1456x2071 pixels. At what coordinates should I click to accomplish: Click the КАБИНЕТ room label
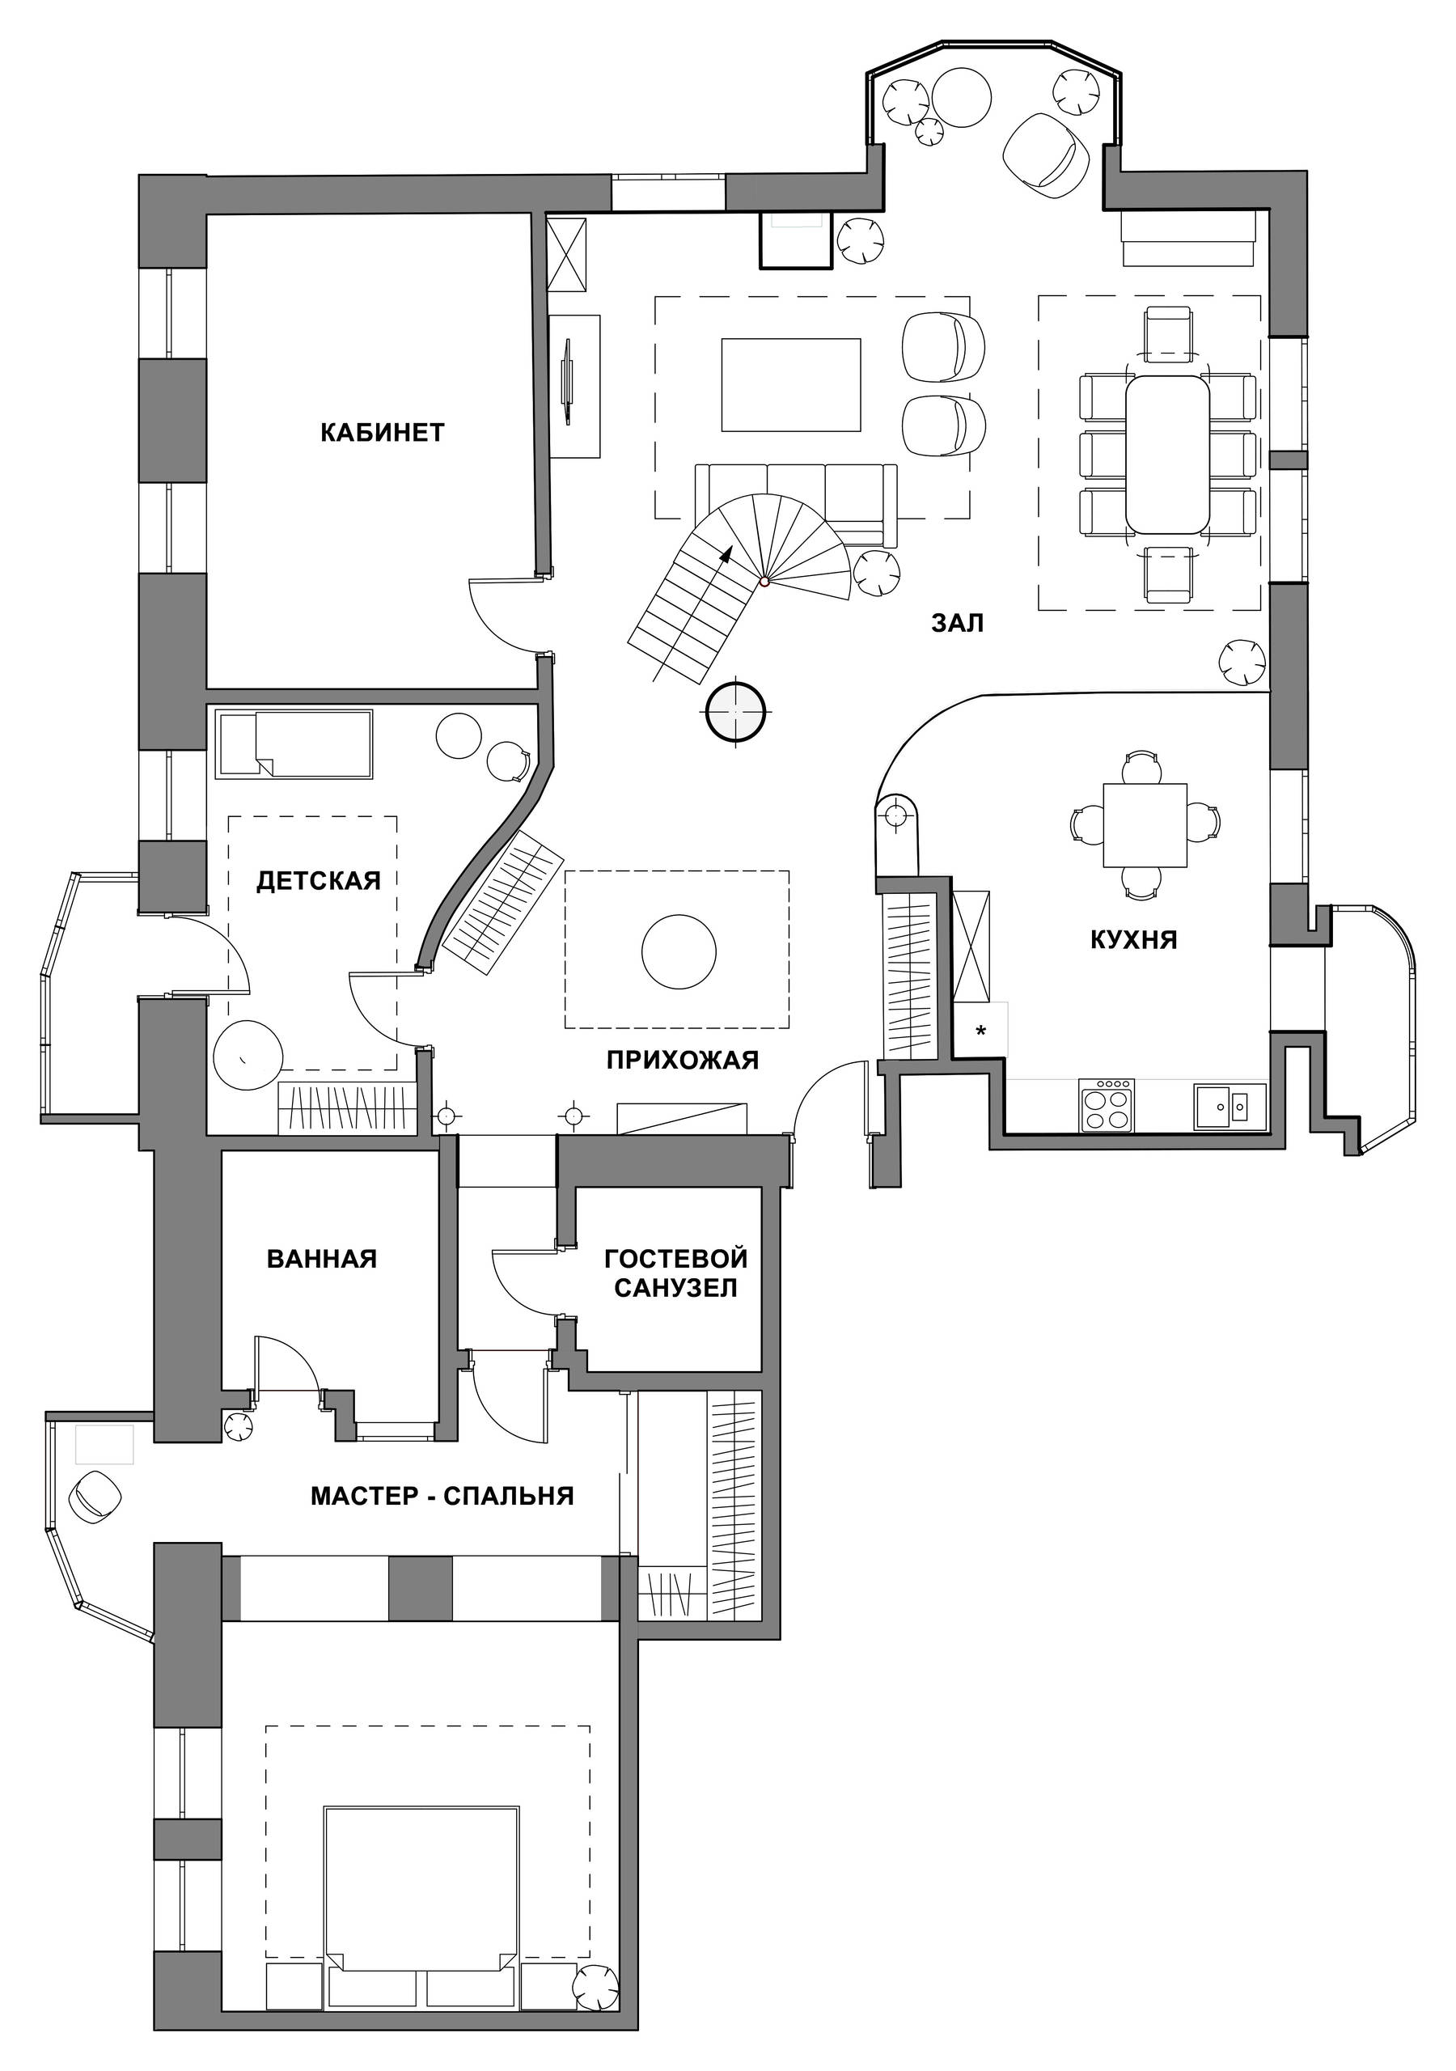[383, 432]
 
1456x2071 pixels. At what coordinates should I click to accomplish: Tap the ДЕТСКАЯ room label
[319, 880]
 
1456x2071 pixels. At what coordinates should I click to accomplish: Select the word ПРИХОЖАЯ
[682, 1060]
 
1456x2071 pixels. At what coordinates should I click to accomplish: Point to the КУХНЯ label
[1134, 940]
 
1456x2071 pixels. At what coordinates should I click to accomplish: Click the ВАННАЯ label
[322, 1258]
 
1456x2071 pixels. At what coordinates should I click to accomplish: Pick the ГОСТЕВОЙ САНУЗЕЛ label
[675, 1273]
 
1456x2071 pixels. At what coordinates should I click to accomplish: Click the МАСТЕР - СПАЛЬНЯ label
[442, 1496]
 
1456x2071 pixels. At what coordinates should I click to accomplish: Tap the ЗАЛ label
[957, 622]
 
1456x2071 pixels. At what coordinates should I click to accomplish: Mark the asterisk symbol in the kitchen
[980, 1031]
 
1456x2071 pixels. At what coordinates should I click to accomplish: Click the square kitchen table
[1145, 824]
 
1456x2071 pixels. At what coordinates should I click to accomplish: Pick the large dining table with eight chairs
[1167, 454]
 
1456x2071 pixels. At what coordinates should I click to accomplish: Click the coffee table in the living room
[791, 385]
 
